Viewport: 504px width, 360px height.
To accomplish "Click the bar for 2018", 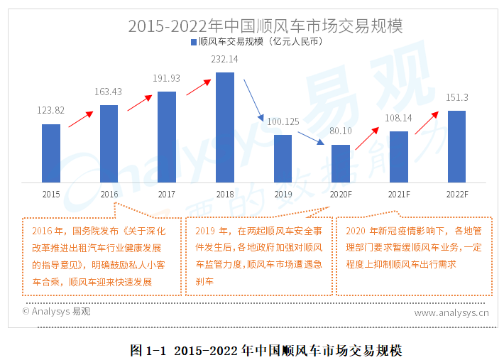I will (224, 126).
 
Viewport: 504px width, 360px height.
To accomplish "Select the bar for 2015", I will (50, 153).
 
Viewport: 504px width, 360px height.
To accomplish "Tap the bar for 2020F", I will (341, 163).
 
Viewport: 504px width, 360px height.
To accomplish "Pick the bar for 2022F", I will (456, 146).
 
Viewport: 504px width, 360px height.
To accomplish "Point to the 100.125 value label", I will (283, 122).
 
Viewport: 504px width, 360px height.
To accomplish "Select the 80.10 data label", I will (341, 131).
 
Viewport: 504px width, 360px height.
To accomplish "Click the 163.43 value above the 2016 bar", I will (109, 92).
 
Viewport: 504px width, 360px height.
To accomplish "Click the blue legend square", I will (193, 43).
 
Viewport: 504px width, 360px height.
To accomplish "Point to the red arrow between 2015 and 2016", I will (80, 118).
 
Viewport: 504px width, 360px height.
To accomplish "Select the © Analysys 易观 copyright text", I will (56, 311).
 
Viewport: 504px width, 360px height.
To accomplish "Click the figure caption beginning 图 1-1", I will (266, 350).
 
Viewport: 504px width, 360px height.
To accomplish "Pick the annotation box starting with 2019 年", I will (258, 256).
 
